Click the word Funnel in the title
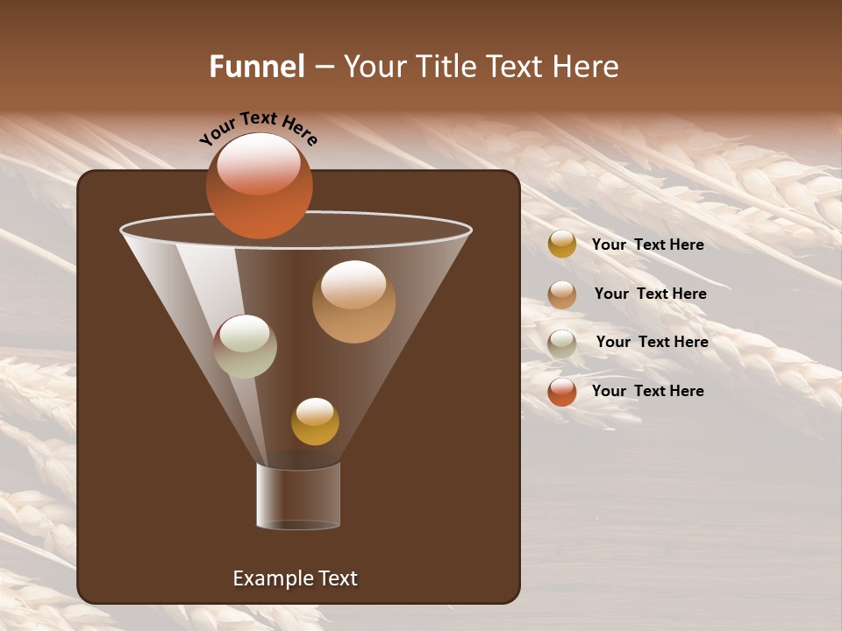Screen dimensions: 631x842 [257, 67]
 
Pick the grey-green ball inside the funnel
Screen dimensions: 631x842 [246, 346]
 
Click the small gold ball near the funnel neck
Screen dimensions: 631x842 [315, 422]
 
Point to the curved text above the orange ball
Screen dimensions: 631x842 [259, 129]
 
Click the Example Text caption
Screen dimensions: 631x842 [295, 578]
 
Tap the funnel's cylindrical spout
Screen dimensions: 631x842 [298, 497]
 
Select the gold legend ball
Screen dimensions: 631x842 [562, 245]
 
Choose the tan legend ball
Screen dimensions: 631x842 [562, 294]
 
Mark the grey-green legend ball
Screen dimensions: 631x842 [562, 343]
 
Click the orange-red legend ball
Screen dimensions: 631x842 [562, 392]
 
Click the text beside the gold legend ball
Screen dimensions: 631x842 [647, 245]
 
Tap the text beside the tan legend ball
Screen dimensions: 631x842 [650, 294]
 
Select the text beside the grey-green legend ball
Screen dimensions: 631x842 [652, 342]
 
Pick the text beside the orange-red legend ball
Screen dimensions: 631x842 [647, 391]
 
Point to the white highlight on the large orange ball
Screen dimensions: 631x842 [259, 164]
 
